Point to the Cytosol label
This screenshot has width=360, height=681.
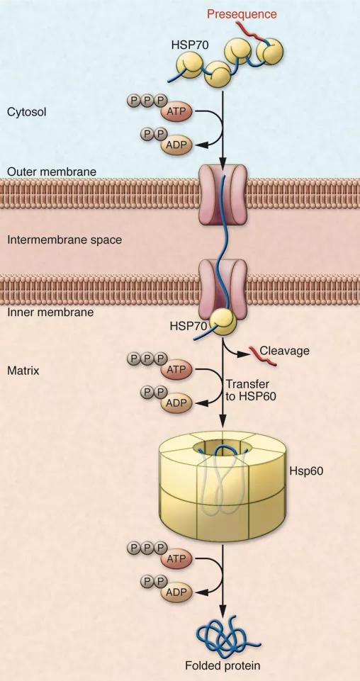coord(26,111)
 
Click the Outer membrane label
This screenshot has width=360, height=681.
coord(51,171)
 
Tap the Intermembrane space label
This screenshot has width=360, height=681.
coord(64,240)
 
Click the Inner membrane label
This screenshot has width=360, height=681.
coord(50,311)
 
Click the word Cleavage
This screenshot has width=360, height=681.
coord(285,350)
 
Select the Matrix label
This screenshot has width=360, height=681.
coord(22,369)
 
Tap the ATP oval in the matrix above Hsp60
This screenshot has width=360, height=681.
coord(176,370)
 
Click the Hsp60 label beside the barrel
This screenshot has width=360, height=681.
coord(306,469)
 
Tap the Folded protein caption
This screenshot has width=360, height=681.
coord(223,665)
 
